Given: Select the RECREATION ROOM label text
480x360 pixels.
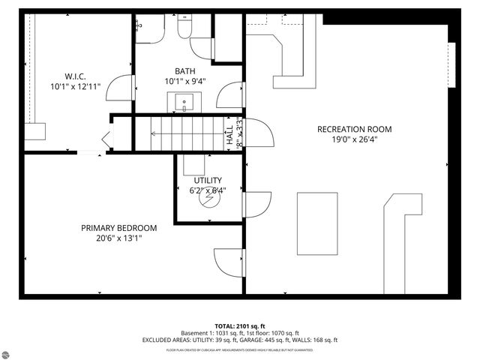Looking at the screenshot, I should click(x=354, y=129).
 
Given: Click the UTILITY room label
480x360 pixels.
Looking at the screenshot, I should click(x=208, y=180).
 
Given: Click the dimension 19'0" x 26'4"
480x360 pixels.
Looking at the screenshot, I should click(x=354, y=139).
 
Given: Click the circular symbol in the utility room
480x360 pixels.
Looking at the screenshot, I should click(x=208, y=201).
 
